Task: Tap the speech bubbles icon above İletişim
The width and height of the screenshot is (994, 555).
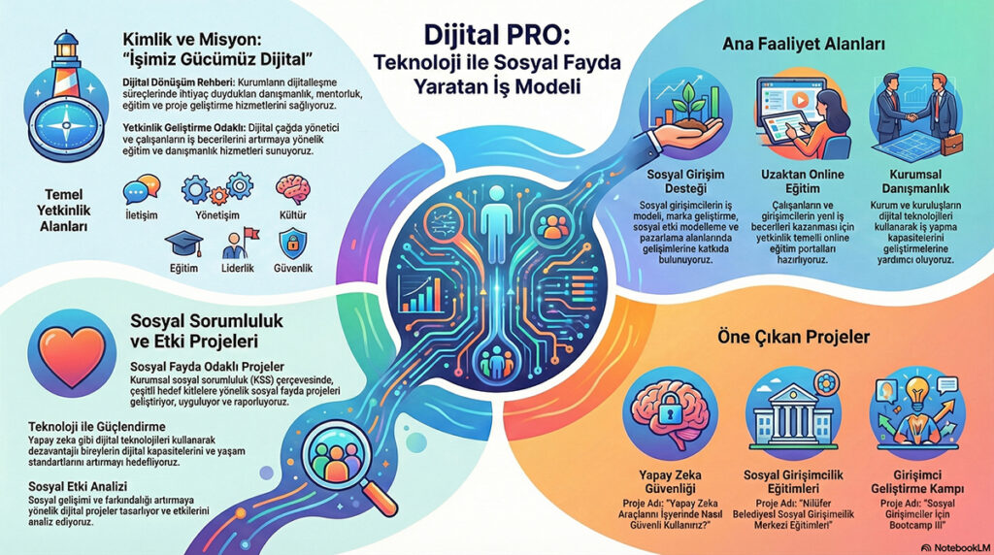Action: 142,189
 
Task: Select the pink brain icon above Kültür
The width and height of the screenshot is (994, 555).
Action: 293,189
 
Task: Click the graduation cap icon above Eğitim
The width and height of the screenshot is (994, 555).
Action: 183,245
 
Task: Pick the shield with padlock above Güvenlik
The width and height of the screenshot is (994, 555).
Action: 293,244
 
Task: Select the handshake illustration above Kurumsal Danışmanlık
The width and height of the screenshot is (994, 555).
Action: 916,114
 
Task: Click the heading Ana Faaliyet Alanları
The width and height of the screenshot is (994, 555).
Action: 803,45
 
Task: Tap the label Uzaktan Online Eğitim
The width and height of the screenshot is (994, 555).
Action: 803,181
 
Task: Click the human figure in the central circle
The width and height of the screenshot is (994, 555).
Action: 497,214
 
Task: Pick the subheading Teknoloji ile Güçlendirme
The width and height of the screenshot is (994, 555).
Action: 97,426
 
